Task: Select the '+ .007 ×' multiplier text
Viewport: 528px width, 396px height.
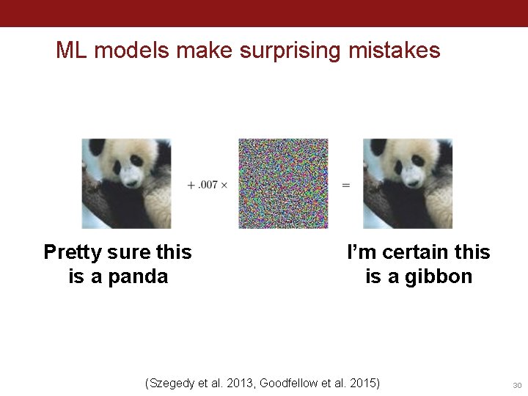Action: (x=208, y=185)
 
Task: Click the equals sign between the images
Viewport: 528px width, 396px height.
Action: (x=345, y=185)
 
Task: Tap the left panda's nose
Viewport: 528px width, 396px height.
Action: (x=133, y=182)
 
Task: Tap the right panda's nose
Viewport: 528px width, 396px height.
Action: (x=414, y=182)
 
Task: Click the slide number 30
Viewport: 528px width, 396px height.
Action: (x=516, y=385)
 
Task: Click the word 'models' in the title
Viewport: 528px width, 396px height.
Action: (x=125, y=51)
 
